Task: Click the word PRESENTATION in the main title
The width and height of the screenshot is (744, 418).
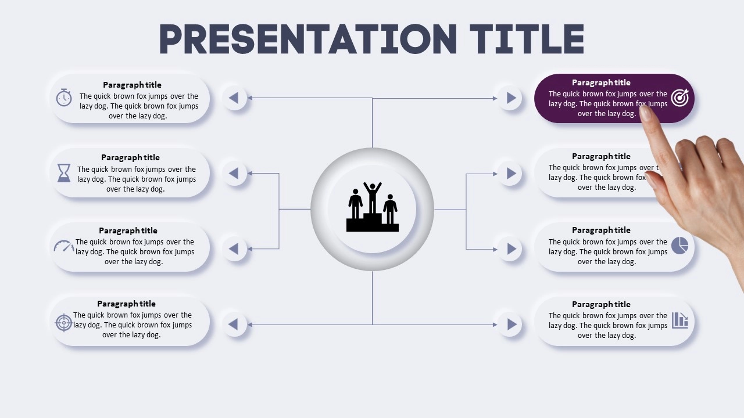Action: pos(308,39)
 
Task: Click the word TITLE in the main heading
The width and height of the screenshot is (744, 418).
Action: pos(527,39)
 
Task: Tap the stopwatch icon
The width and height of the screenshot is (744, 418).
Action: pos(64,98)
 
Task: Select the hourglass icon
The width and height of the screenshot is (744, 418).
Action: pos(64,173)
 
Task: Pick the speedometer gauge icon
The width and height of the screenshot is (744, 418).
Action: pos(64,246)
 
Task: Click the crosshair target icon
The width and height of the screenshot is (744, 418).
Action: pos(63,322)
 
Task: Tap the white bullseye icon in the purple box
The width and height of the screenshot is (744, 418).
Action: pos(680,98)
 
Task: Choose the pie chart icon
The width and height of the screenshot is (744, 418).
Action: pos(679,246)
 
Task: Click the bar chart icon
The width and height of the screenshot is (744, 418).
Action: pos(680,320)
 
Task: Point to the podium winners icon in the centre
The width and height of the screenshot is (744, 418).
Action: pos(373,207)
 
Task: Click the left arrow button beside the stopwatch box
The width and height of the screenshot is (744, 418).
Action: pos(234,98)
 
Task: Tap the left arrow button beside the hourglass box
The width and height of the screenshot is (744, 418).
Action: pos(234,173)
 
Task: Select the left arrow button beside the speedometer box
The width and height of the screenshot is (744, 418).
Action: pos(234,249)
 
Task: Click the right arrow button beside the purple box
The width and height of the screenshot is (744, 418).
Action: pos(510,98)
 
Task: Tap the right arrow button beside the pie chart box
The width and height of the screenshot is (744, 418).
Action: pos(510,249)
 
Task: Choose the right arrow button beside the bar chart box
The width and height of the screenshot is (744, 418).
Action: pos(510,325)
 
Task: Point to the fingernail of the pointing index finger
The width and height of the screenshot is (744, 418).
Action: pos(646,113)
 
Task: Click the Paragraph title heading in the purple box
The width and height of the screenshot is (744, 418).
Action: pos(601,82)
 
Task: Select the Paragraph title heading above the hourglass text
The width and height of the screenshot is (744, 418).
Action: pos(130,157)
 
